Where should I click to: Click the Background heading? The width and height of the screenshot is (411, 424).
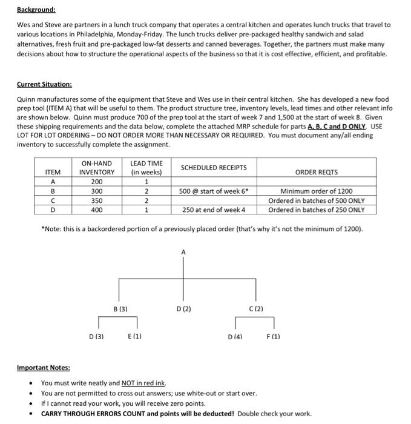[x=36, y=10]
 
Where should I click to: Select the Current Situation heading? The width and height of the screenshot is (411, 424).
[x=44, y=84]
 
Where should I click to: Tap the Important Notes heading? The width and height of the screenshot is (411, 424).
[x=43, y=368]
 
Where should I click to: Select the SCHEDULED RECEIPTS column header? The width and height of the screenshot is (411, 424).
[x=214, y=167]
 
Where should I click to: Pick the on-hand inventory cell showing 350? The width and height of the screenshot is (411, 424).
[x=96, y=200]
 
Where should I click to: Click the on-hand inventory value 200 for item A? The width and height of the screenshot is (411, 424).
[x=96, y=181]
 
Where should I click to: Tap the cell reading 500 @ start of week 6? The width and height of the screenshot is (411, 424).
[x=214, y=191]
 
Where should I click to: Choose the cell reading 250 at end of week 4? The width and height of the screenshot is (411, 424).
[x=214, y=210]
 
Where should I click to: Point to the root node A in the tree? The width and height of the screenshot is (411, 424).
[x=183, y=251]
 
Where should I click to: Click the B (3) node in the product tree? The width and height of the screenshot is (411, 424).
[x=120, y=309]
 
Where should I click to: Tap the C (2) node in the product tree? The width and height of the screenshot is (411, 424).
[x=255, y=309]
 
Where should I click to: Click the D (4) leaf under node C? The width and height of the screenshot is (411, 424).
[x=235, y=336]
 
